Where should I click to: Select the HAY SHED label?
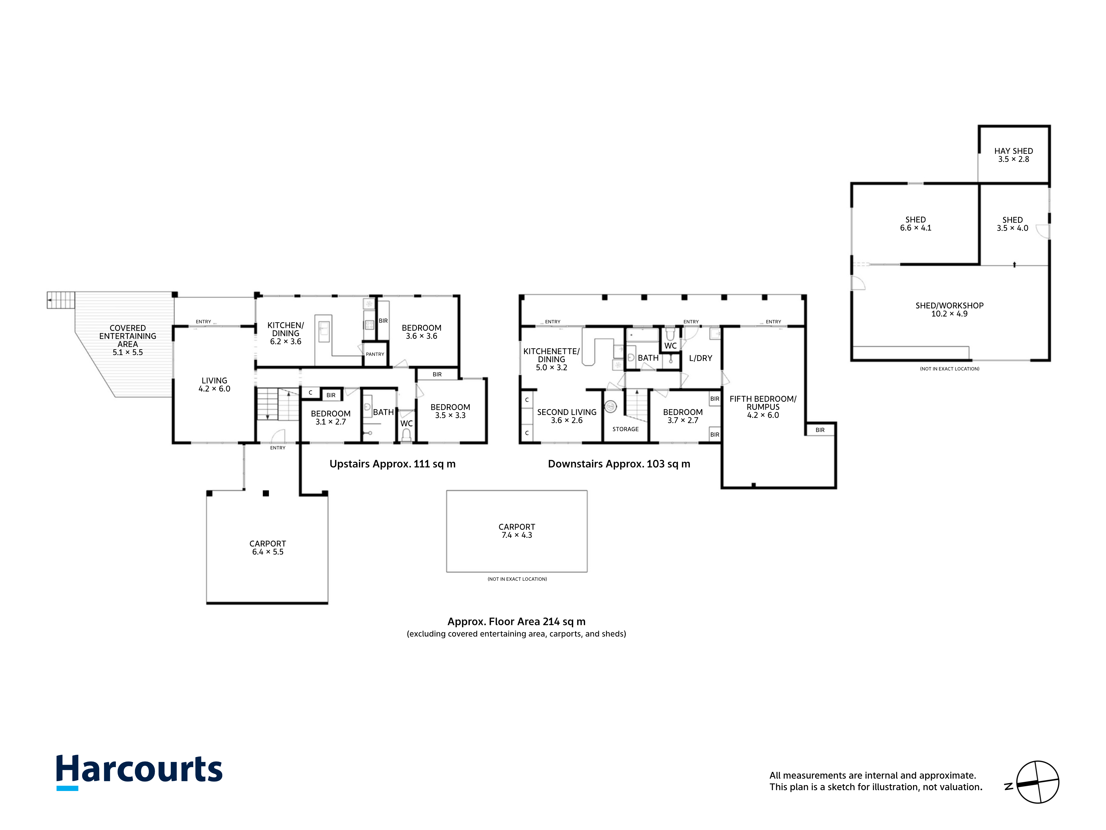(1013, 151)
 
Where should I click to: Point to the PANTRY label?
(375, 354)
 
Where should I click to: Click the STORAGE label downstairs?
(625, 429)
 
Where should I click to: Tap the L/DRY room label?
(700, 358)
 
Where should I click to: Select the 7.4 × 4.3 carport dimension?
(517, 535)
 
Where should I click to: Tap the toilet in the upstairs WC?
(406, 435)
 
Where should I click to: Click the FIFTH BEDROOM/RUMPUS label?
(763, 403)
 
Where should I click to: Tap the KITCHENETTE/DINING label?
(552, 355)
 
